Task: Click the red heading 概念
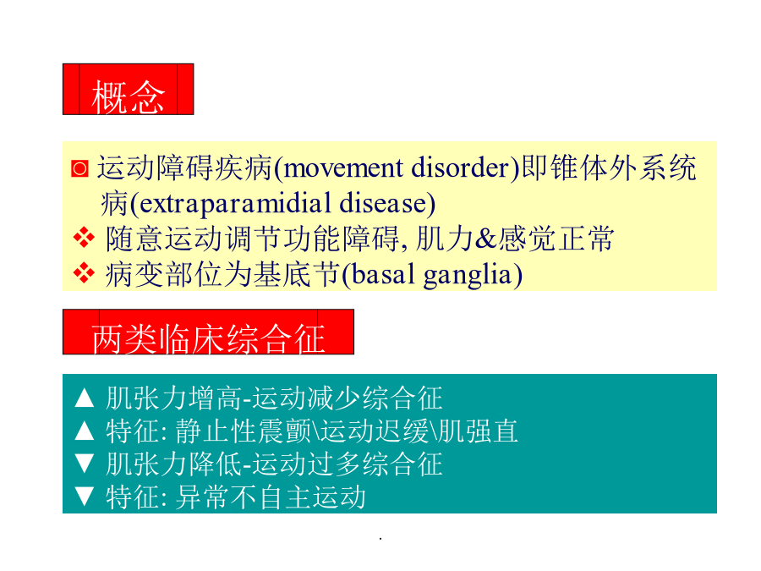click(129, 96)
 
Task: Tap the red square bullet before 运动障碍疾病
click(79, 168)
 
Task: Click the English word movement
click(343, 168)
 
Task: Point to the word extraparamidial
click(235, 204)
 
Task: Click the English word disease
click(383, 204)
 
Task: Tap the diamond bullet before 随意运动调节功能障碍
click(84, 238)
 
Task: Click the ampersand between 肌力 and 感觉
click(487, 239)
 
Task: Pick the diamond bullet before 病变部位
click(84, 273)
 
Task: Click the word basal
click(383, 275)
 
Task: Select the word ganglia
click(468, 276)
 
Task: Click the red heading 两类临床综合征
click(208, 338)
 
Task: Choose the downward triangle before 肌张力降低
click(85, 463)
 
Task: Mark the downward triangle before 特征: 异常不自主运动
click(85, 496)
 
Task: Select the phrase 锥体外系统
click(624, 168)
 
